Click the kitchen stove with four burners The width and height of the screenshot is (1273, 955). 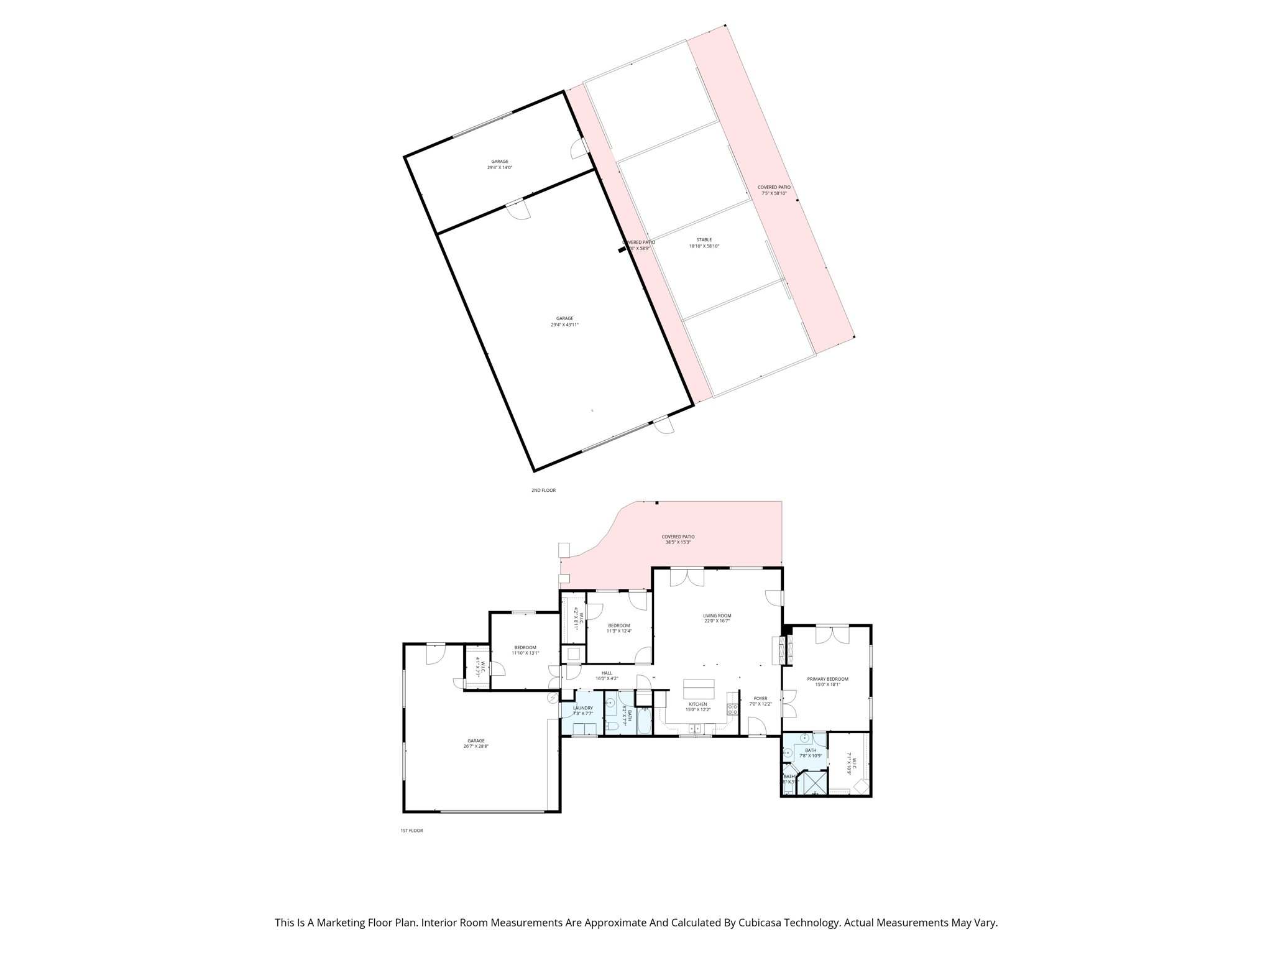pyautogui.click(x=733, y=708)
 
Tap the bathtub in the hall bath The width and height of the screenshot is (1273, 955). pyautogui.click(x=644, y=722)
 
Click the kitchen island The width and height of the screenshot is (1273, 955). pyautogui.click(x=699, y=690)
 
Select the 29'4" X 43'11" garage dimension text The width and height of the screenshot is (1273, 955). pyautogui.click(x=564, y=325)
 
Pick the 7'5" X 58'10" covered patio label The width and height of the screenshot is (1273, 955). pyautogui.click(x=774, y=193)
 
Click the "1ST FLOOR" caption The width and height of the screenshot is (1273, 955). pyautogui.click(x=411, y=831)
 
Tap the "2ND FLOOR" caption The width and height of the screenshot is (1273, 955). pyautogui.click(x=543, y=491)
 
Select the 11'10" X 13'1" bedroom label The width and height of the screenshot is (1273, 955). pyautogui.click(x=525, y=653)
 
